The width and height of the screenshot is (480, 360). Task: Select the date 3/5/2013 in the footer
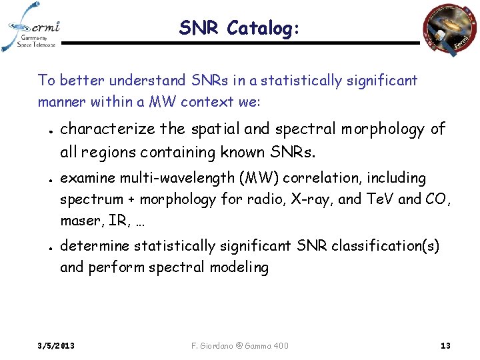(x=56, y=345)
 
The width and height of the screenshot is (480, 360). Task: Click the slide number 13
(x=445, y=345)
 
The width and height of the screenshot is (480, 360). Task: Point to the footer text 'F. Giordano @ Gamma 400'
(x=240, y=345)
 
